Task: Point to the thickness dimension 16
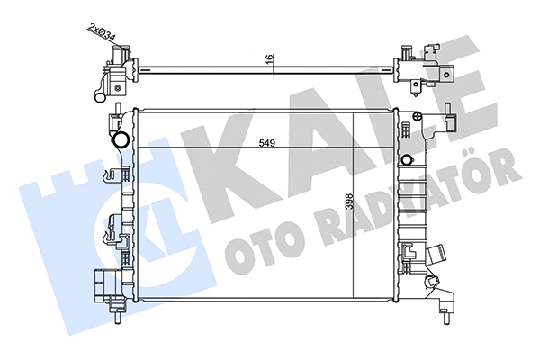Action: click(268, 59)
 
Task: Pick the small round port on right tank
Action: click(407, 161)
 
